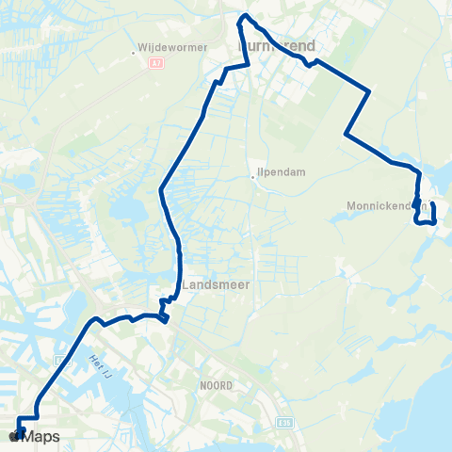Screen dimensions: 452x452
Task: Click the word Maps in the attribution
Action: [x=41, y=436]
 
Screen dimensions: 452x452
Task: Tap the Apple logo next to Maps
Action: [x=14, y=436]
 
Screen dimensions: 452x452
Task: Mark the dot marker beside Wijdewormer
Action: [x=136, y=53]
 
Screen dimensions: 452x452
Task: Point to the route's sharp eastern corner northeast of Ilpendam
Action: [x=370, y=91]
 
